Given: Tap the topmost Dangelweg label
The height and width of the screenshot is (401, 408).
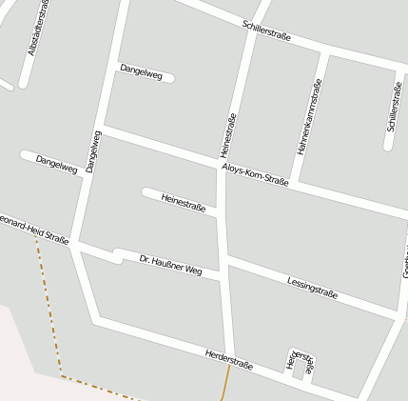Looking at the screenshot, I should [x=141, y=70].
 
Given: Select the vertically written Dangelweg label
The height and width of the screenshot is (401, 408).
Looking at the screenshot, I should [x=92, y=150].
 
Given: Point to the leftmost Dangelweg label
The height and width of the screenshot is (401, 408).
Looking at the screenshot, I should [x=56, y=163].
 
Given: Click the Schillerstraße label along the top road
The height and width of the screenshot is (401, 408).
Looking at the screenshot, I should [x=266, y=30].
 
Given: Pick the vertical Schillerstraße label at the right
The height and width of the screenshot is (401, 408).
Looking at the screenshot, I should [x=394, y=107].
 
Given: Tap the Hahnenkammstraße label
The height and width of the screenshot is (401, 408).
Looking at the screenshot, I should [x=310, y=116].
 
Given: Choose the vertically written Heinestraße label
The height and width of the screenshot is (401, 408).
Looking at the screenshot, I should [x=227, y=134].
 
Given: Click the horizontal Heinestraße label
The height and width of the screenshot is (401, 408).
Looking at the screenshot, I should [x=184, y=203].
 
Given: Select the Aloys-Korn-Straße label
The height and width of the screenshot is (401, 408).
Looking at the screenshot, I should [x=255, y=173].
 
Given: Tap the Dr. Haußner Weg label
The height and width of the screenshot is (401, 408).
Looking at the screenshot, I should [x=171, y=265].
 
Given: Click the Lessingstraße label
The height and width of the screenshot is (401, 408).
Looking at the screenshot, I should [x=312, y=287].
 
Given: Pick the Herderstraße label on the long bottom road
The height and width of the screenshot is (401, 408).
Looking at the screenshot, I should [x=229, y=360].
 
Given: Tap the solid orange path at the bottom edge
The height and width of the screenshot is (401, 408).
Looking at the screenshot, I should [x=226, y=386].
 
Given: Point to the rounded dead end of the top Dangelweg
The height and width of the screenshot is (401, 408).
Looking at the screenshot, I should [x=169, y=77].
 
